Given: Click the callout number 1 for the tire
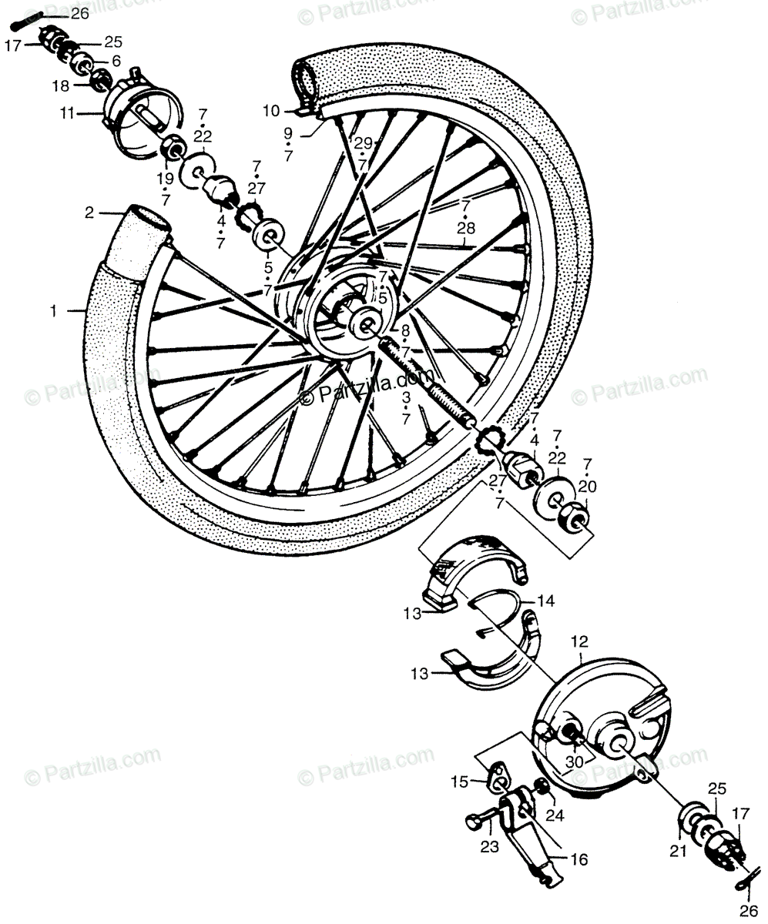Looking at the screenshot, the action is click(53, 311).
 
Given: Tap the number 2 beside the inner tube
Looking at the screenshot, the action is click(89, 213).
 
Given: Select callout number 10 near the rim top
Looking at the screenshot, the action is click(270, 111).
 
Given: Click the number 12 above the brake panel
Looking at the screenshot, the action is click(579, 641).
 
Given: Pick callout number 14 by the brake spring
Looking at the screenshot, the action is click(545, 600).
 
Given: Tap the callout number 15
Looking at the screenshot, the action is click(460, 782).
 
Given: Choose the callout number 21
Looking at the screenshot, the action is click(677, 849).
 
